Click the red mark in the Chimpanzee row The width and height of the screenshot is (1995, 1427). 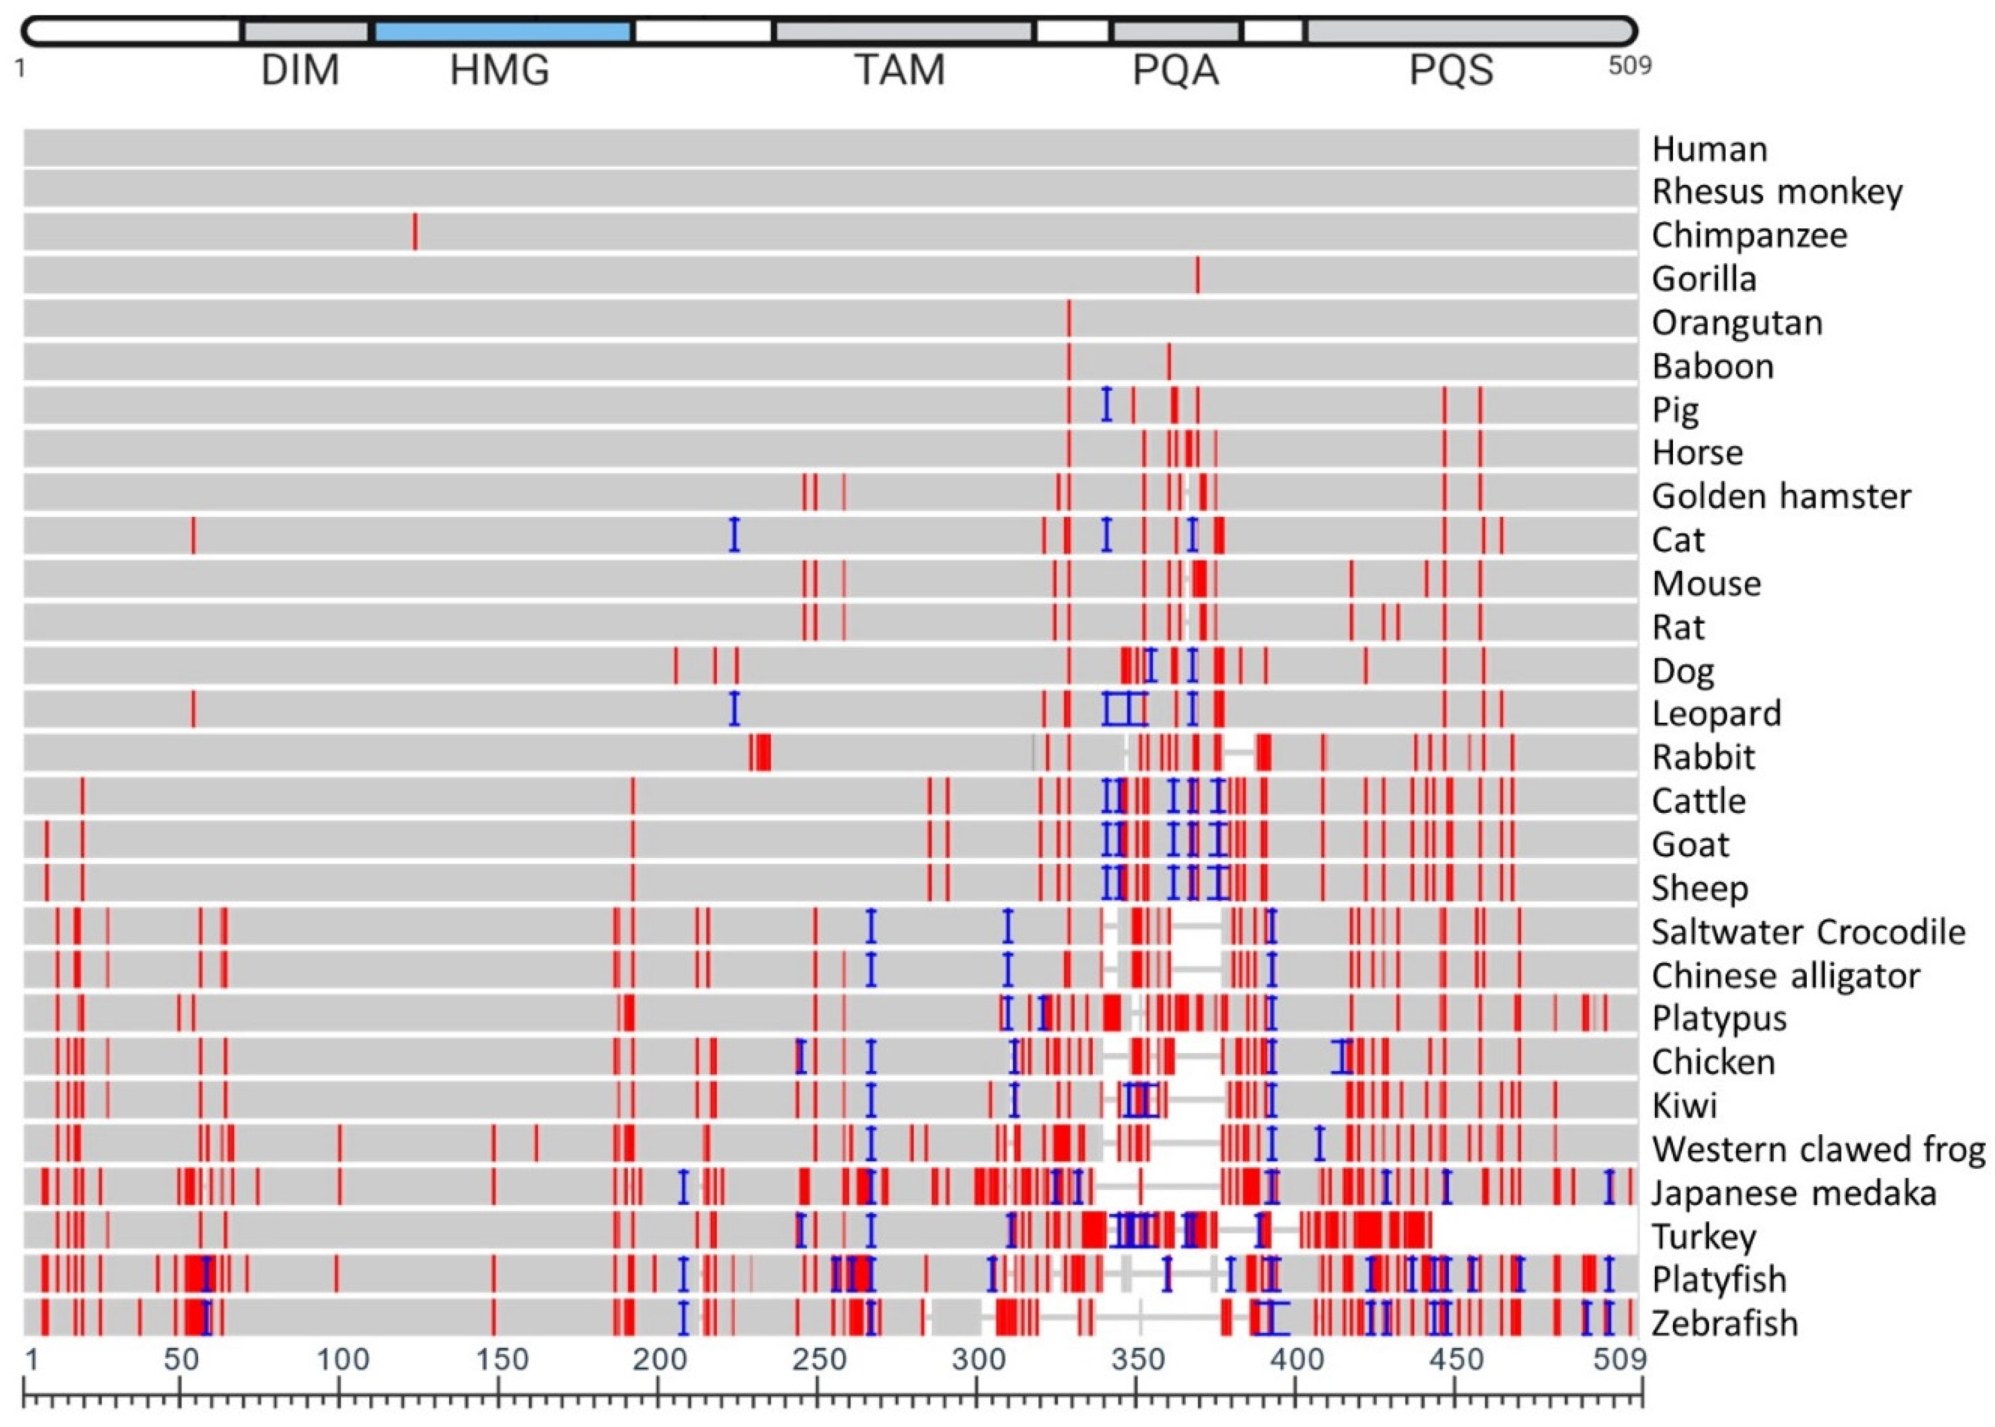click(416, 232)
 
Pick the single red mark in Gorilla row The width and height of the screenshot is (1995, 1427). click(1197, 275)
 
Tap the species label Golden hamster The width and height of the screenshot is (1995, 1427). click(1780, 496)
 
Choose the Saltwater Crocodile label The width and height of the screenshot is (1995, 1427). click(1807, 931)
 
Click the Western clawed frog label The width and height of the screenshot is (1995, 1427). click(1818, 1149)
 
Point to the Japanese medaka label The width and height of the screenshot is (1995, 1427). click(1793, 1193)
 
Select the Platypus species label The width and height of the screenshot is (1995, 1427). click(1719, 1019)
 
